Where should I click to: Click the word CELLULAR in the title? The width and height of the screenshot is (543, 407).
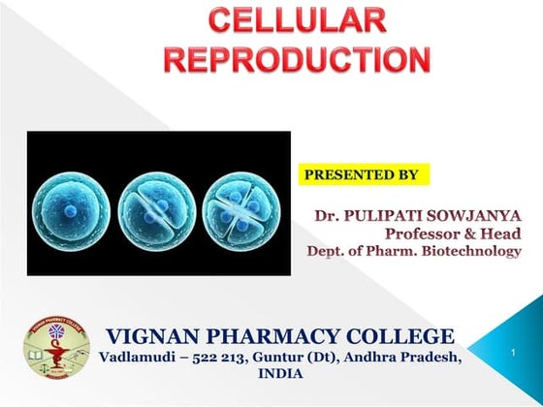(x=298, y=20)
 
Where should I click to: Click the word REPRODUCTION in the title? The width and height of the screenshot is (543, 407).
(x=298, y=58)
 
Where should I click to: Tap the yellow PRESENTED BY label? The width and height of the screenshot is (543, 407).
(x=362, y=175)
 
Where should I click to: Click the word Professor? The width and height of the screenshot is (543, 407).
(x=424, y=233)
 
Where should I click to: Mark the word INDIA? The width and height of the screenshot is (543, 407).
(x=281, y=374)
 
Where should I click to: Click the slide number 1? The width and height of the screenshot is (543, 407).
(x=512, y=358)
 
